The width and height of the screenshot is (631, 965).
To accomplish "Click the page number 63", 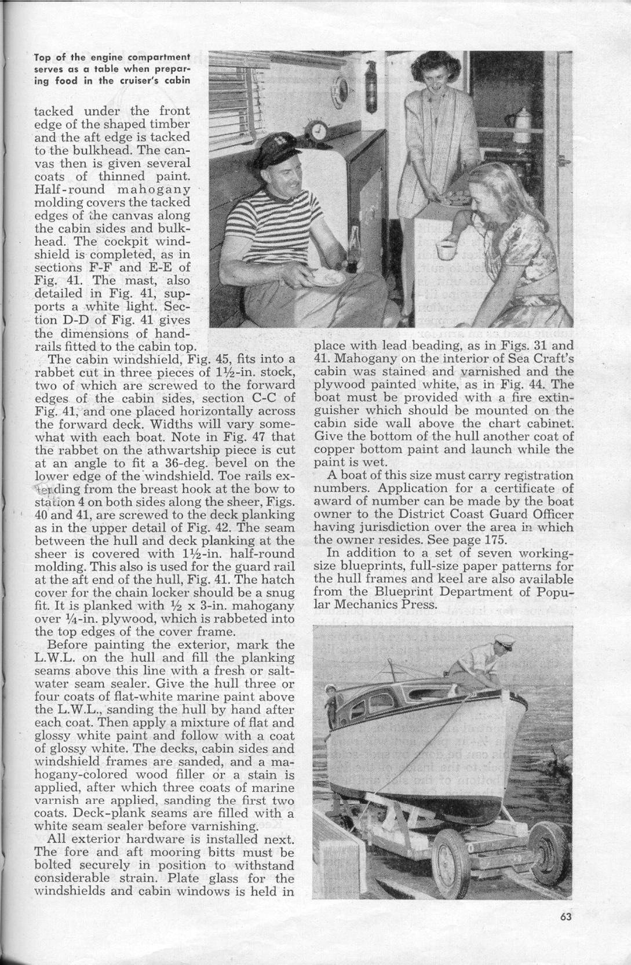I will pos(566,933).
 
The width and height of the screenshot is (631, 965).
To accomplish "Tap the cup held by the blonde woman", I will pos(446,252).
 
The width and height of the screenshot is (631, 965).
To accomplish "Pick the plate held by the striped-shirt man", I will pos(326,277).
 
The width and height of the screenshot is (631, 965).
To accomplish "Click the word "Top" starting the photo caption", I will pos(42,57).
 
